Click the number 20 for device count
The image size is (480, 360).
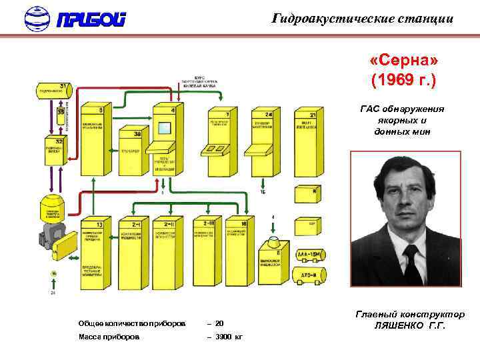tap(219, 323)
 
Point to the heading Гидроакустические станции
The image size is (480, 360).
tap(363, 19)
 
